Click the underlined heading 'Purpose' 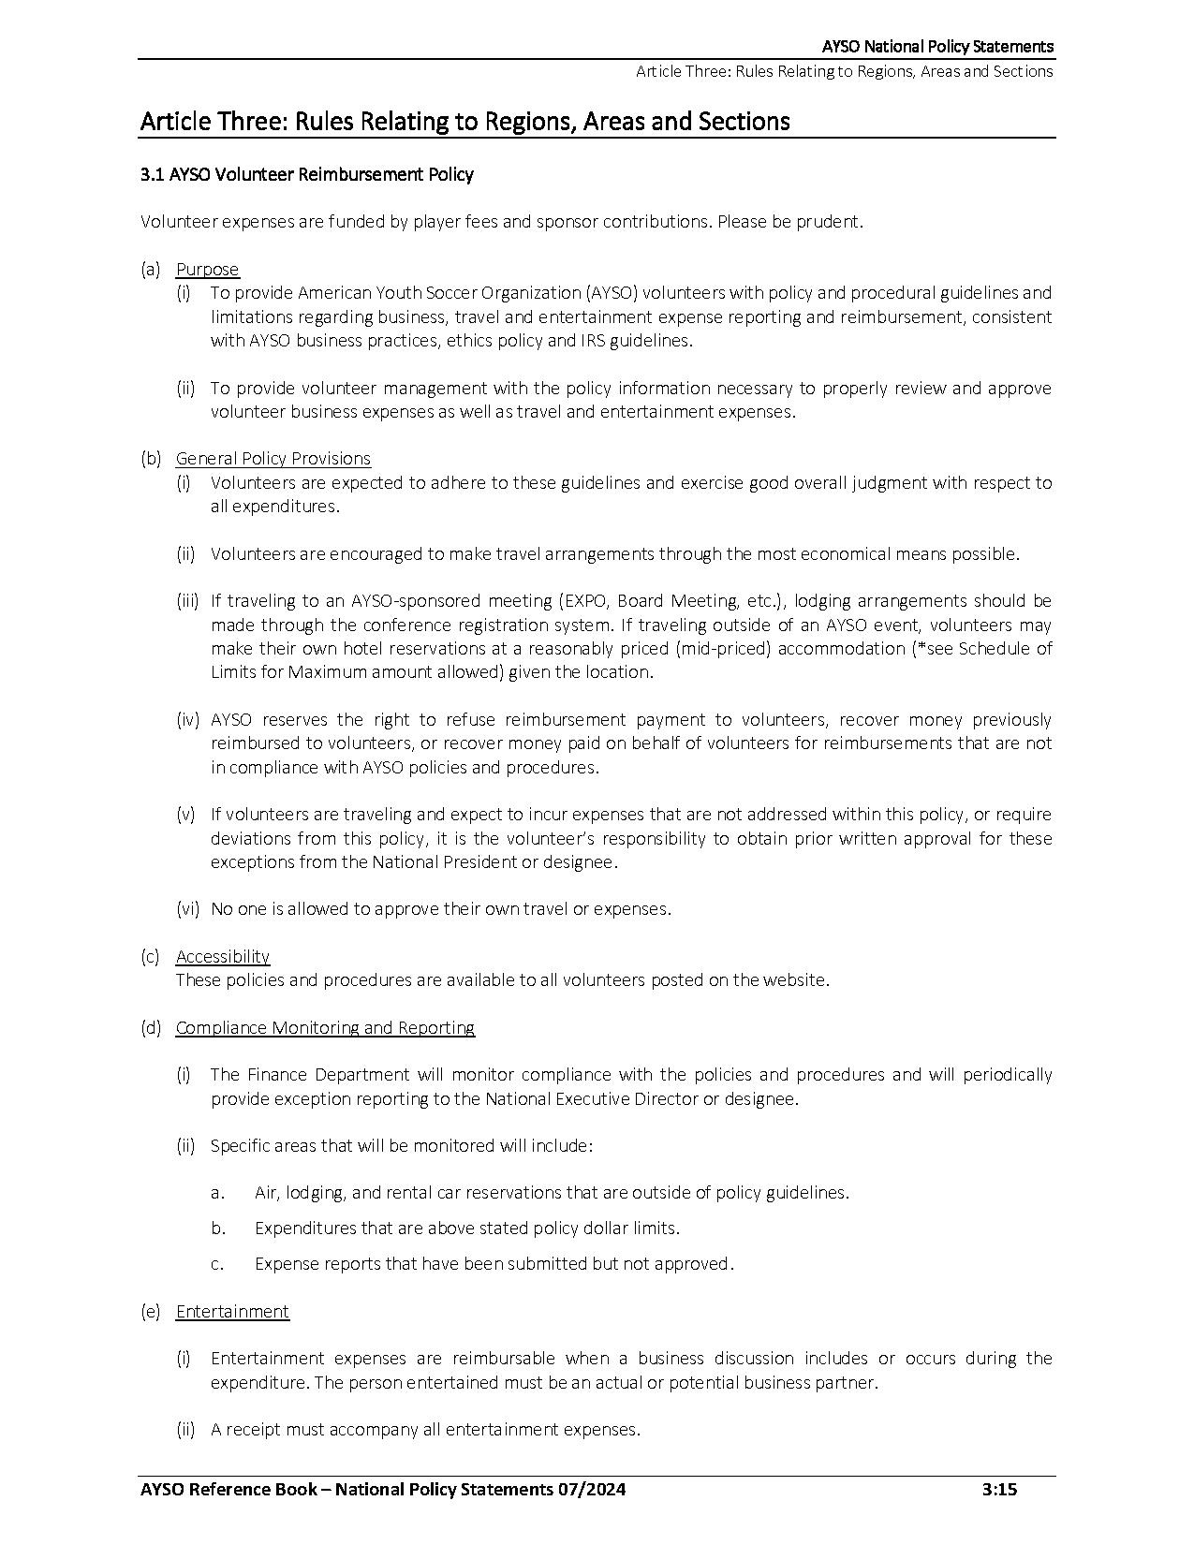click(x=207, y=270)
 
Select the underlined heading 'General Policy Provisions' click(x=273, y=459)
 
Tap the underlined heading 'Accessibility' click(x=223, y=956)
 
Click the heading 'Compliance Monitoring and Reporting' click(x=325, y=1028)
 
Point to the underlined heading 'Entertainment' click(x=232, y=1312)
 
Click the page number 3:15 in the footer click(x=999, y=1490)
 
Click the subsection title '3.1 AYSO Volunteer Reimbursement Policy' click(x=306, y=174)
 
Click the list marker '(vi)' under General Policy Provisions click(x=188, y=909)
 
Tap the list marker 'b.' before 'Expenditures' click(x=218, y=1229)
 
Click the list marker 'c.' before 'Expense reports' click(x=217, y=1264)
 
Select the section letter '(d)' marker click(x=151, y=1028)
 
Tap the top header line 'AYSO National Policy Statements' click(x=937, y=47)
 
